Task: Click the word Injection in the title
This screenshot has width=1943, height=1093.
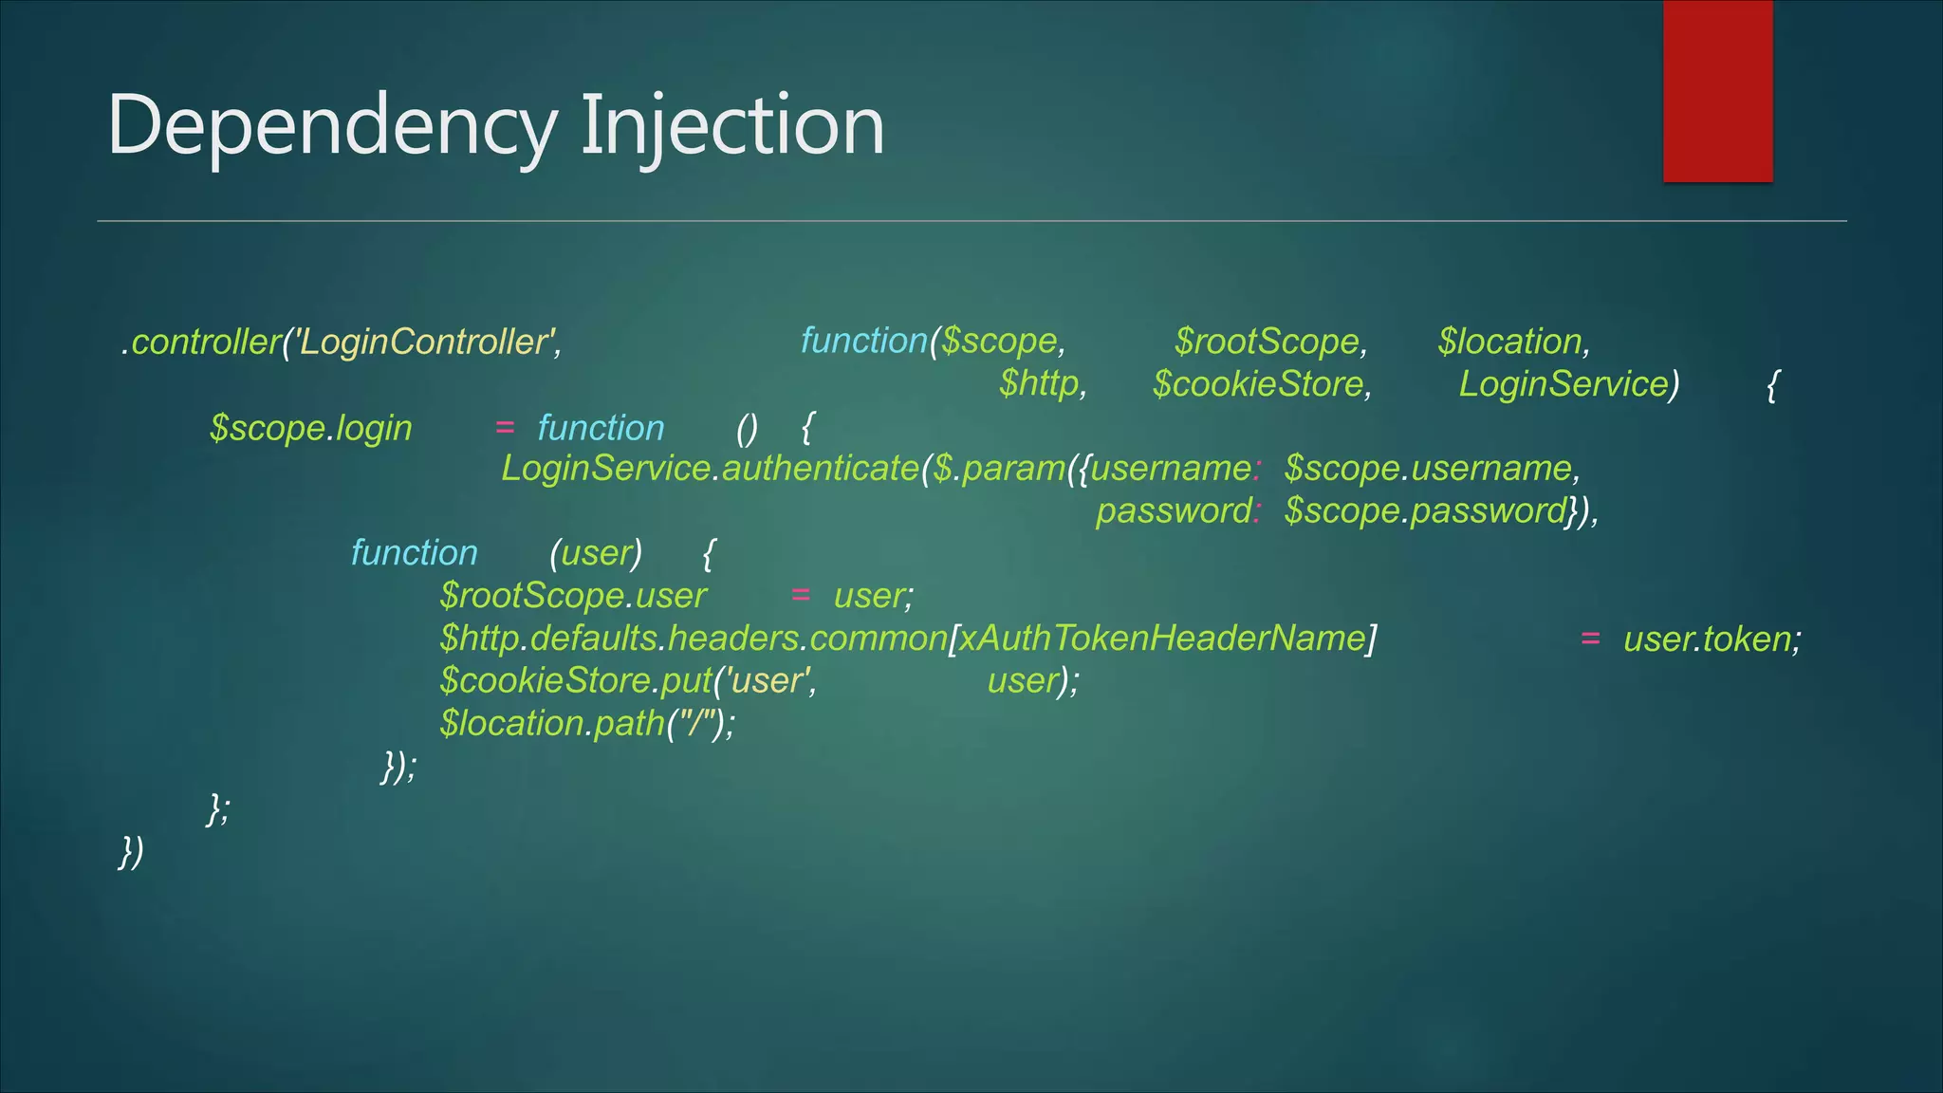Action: tap(731, 126)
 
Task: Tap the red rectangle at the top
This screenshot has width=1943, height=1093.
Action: tap(1717, 91)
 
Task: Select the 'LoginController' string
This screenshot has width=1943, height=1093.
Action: tap(424, 342)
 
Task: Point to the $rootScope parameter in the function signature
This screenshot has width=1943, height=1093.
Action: tap(1268, 342)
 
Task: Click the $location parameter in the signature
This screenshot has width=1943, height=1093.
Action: tap(1509, 342)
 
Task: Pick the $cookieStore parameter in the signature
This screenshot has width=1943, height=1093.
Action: tap(1258, 384)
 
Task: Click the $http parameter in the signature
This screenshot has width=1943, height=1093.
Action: tap(1039, 384)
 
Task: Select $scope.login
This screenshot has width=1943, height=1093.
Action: tap(311, 428)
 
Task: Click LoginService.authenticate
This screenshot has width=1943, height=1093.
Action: tap(710, 469)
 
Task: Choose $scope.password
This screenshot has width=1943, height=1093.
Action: tap(1424, 511)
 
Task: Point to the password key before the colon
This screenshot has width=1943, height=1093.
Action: tap(1173, 511)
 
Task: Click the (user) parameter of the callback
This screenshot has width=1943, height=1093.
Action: tap(596, 553)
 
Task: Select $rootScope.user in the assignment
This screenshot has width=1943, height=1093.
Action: tap(573, 596)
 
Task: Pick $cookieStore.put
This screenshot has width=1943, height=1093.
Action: tap(576, 681)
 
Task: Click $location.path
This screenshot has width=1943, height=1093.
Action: tap(551, 724)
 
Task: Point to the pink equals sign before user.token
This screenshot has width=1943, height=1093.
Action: tap(1590, 639)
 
